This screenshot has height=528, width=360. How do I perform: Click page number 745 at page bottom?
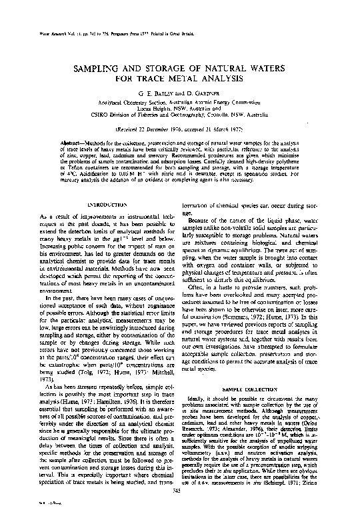[177, 509]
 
